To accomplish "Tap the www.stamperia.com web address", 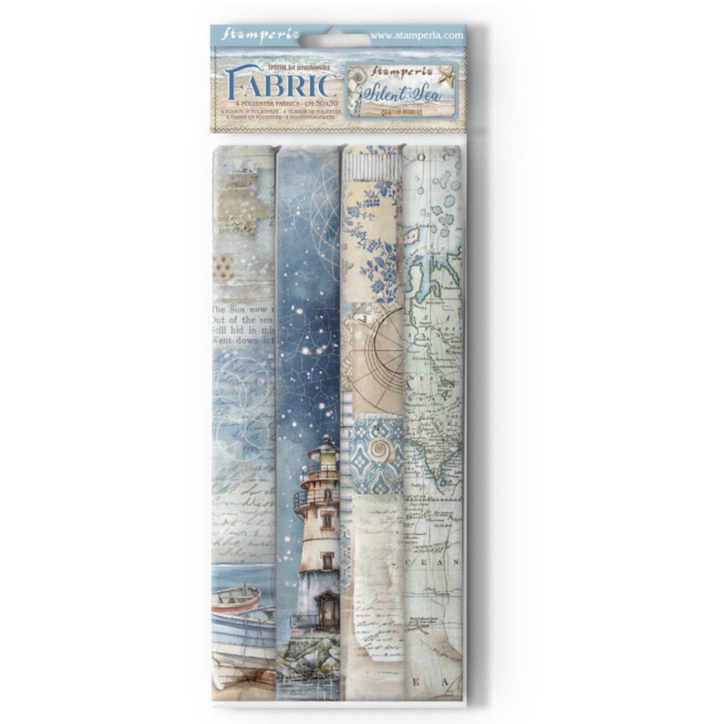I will tap(416, 35).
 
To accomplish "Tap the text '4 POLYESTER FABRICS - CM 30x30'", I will tap(282, 104).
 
